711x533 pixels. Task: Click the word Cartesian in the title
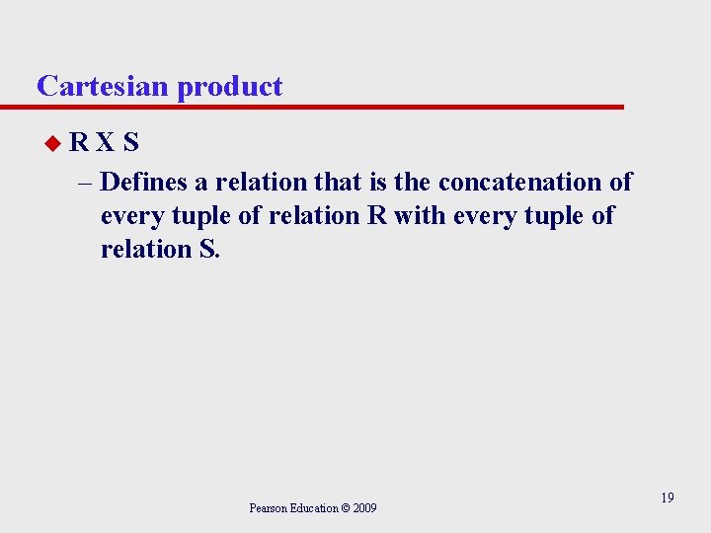coord(104,86)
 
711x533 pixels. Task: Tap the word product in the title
coord(230,87)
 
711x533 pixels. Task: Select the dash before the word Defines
coord(85,183)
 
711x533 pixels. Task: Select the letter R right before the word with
coord(376,216)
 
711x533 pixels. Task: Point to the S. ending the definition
coord(209,250)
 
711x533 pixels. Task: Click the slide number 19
coord(668,497)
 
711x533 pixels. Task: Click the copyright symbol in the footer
coord(346,508)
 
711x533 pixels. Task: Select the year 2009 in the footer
coord(364,508)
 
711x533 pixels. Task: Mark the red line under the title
coord(326,107)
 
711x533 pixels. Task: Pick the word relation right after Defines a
coord(262,183)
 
